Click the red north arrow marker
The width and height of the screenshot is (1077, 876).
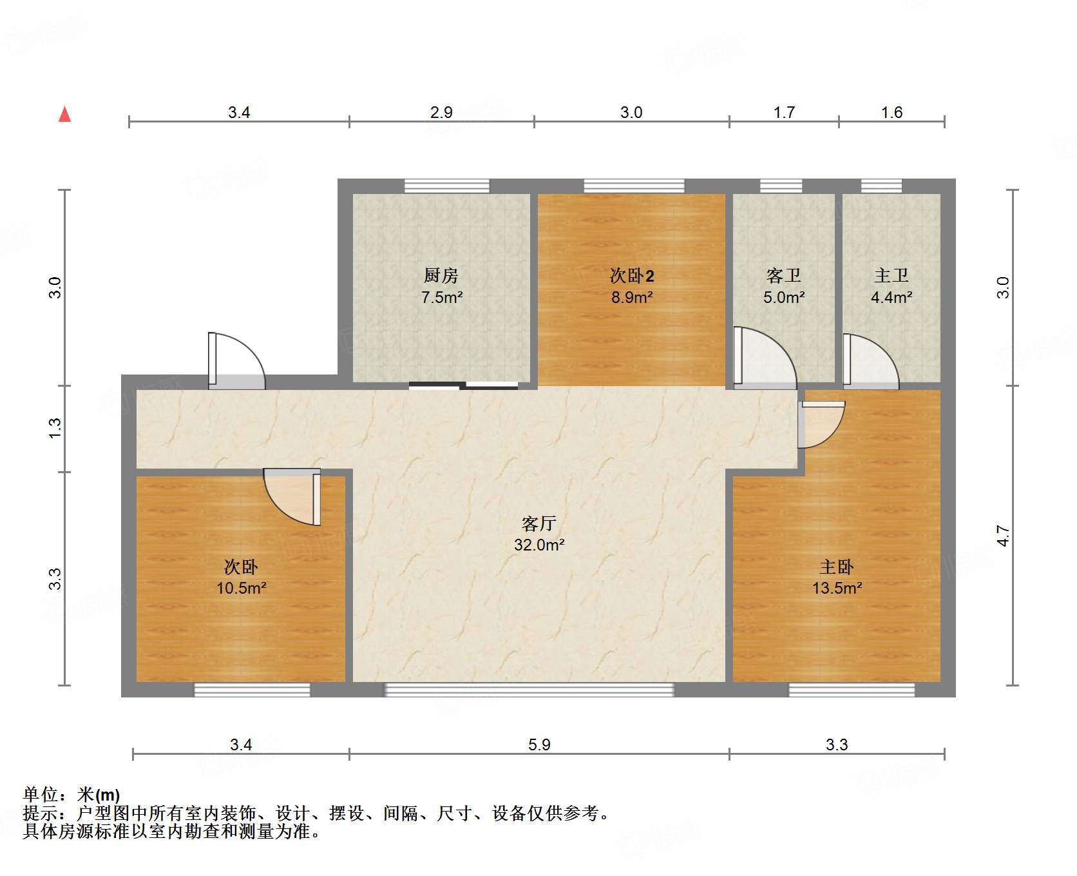(65, 114)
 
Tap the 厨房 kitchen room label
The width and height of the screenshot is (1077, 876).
(441, 276)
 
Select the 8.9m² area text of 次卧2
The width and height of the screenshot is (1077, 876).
(632, 297)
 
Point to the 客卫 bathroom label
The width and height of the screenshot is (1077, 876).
(784, 276)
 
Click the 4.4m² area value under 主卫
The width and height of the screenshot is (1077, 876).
(891, 297)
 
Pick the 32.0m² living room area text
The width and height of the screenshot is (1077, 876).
(539, 545)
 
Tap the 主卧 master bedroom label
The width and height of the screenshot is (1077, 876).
(837, 567)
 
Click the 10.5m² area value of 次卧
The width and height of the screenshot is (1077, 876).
(242, 588)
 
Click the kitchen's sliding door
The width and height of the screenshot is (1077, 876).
(463, 385)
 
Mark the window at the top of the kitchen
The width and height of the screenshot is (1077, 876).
(446, 186)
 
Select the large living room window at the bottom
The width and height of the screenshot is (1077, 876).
(529, 690)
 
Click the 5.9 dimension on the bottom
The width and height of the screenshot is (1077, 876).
(539, 745)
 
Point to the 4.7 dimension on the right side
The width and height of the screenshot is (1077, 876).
(1003, 536)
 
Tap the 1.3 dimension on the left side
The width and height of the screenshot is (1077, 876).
(55, 429)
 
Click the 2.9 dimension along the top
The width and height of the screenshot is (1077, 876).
(441, 112)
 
